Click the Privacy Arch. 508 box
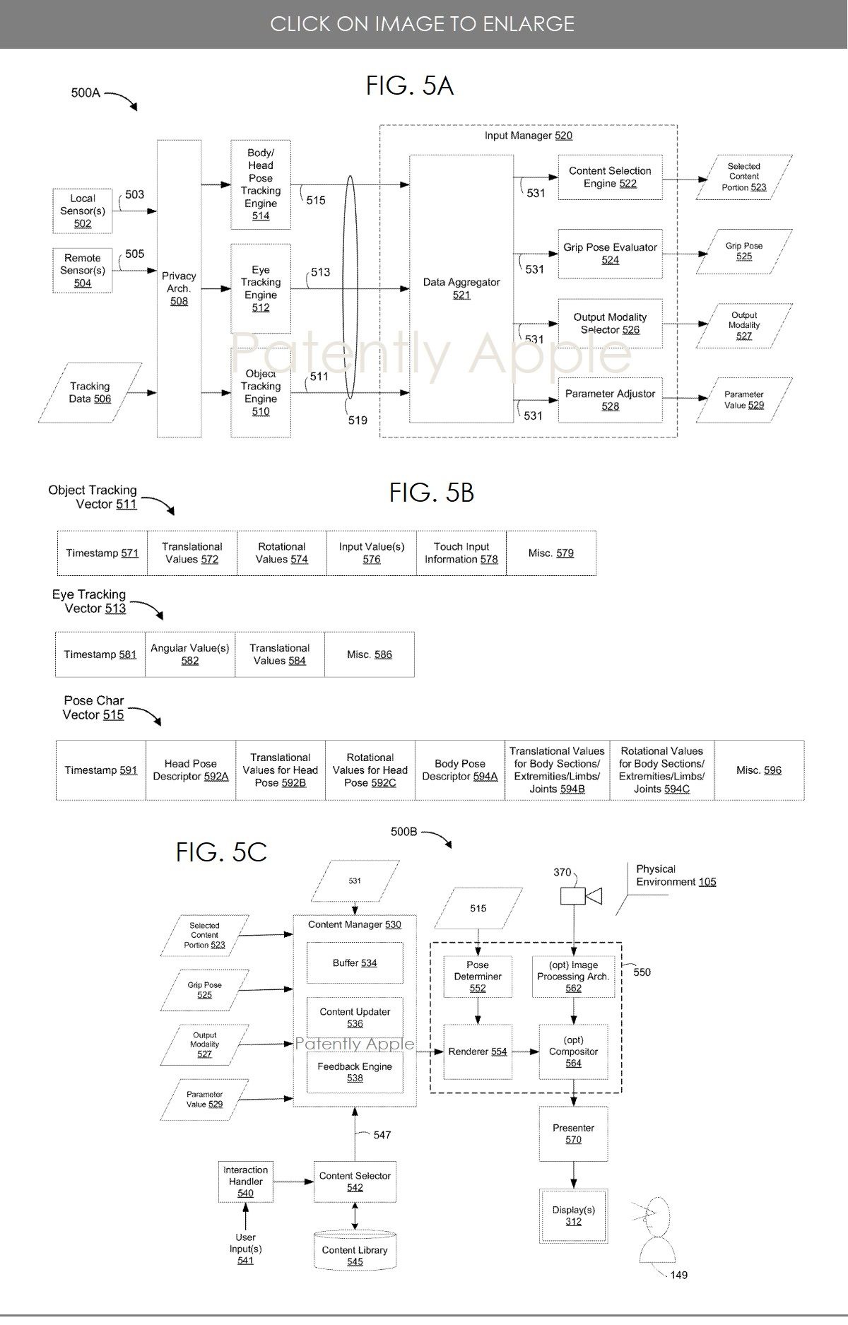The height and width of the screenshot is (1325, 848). (x=179, y=288)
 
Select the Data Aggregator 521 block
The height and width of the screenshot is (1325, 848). (x=461, y=288)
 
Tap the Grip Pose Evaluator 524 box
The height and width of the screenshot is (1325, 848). (x=611, y=254)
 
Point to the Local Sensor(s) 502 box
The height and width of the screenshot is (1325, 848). (x=83, y=211)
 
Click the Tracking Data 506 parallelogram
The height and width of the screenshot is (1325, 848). (x=90, y=393)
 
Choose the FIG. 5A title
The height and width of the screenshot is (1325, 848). (x=409, y=86)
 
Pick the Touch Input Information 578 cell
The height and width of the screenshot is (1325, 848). (x=461, y=553)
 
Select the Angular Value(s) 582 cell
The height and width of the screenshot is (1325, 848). (x=190, y=654)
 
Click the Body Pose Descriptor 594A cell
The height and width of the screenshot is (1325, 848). (x=460, y=770)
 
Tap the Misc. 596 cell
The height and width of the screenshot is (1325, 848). (x=759, y=770)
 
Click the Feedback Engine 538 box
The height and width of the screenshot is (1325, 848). (x=355, y=1072)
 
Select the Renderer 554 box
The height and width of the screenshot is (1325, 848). (x=478, y=1052)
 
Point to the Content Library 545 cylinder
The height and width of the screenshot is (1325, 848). (x=355, y=1251)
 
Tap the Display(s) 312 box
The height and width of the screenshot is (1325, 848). (x=573, y=1215)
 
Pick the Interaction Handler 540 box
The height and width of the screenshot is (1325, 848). (x=245, y=1182)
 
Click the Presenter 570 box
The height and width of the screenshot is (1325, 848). (x=573, y=1133)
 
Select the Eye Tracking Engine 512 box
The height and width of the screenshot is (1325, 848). (x=261, y=288)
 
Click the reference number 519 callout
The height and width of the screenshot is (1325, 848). (x=358, y=420)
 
